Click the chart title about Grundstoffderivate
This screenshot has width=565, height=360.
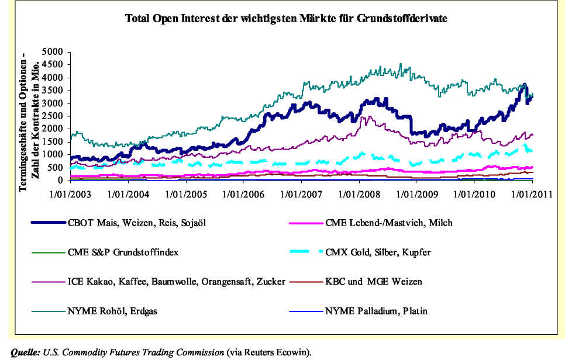pos(286,19)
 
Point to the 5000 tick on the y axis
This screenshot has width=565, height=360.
pos(53,52)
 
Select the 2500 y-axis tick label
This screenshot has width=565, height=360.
pos(53,116)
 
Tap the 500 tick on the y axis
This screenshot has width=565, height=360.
pos(56,168)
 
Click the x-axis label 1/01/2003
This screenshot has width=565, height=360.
pos(71,193)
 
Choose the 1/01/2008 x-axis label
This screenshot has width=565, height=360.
pos(358,193)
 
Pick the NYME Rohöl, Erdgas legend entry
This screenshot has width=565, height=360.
pos(113,311)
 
